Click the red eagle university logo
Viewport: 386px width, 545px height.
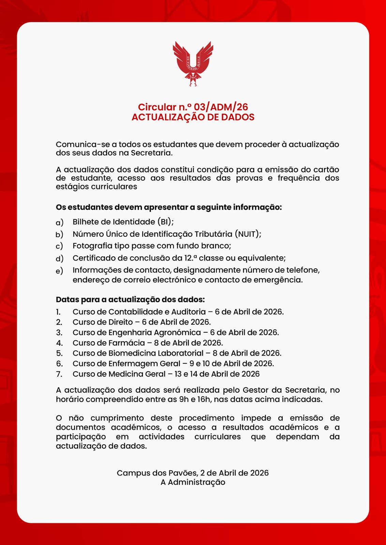pos(193,63)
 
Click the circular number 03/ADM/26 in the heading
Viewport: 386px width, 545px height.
pos(221,107)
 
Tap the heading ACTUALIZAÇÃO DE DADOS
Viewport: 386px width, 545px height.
pos(193,117)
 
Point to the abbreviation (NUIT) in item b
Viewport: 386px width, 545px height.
pos(248,234)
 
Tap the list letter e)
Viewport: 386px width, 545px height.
pos(59,271)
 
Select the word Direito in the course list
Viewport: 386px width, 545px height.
pos(121,322)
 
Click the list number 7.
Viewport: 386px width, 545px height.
pos(59,374)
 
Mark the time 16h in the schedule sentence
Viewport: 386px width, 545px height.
pos(204,399)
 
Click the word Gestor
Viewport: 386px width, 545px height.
pos(255,390)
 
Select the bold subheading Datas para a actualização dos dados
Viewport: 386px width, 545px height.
pos(130,300)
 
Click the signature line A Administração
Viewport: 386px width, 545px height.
pos(193,482)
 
